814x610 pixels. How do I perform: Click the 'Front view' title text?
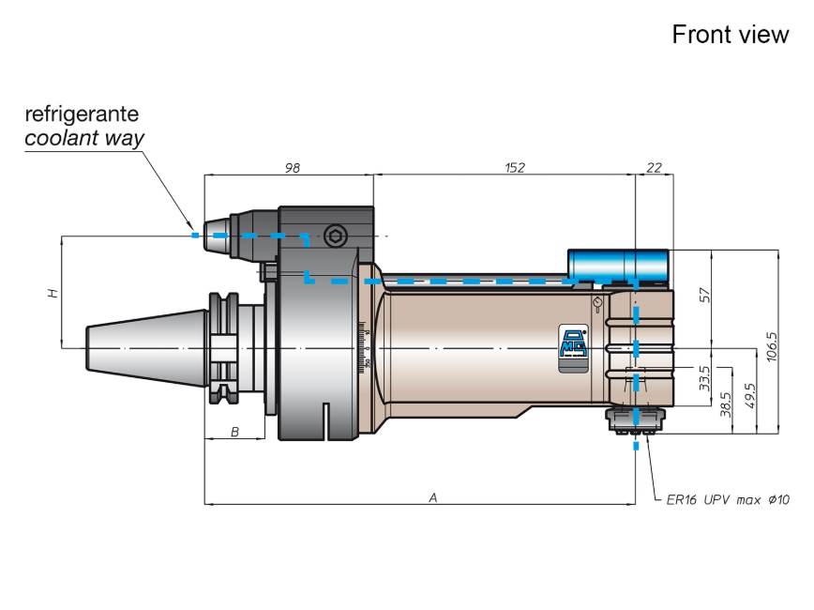pos(730,35)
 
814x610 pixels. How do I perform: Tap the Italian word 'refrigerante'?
pos(82,114)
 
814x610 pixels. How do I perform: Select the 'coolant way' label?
pos(84,138)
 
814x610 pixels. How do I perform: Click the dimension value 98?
pos(293,168)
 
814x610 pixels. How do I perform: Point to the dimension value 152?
pos(515,168)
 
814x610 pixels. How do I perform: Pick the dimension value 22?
pos(655,168)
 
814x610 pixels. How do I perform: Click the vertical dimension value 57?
pos(704,295)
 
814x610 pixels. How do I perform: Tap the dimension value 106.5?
pos(772,346)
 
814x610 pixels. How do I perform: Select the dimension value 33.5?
pos(704,378)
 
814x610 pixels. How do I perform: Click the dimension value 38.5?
pos(726,404)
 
